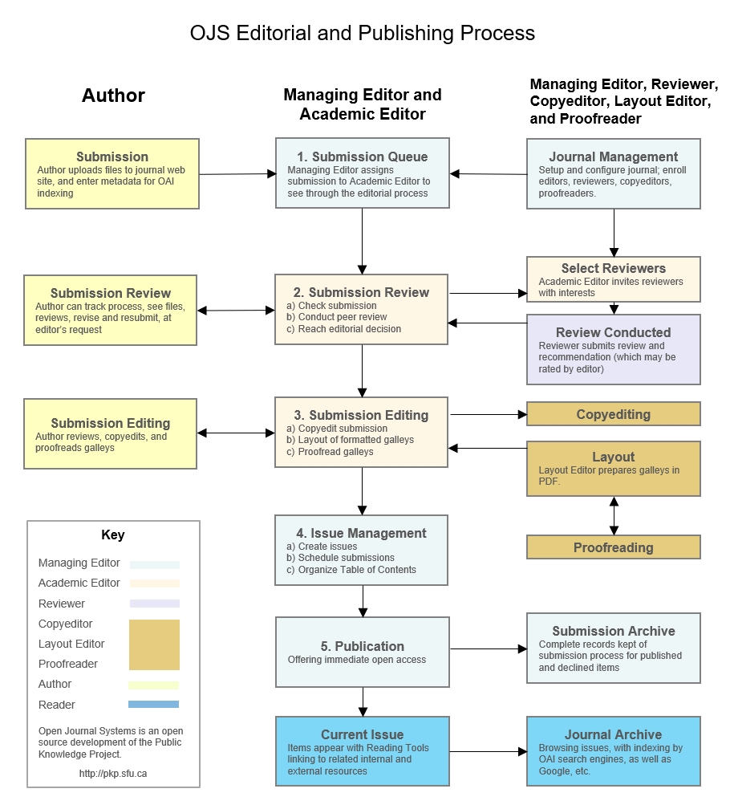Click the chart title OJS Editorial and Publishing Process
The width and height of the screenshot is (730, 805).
click(x=362, y=34)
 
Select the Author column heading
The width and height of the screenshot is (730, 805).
click(x=113, y=96)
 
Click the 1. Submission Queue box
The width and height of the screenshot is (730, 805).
click(x=362, y=174)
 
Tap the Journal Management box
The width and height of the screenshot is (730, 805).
click(x=613, y=174)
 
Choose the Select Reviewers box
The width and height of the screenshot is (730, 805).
click(x=613, y=278)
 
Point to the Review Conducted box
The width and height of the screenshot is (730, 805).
click(x=613, y=349)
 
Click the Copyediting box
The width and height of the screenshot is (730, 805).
click(x=613, y=414)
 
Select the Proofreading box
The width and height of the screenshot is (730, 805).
click(x=613, y=547)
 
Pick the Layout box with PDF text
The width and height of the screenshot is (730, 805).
click(x=613, y=468)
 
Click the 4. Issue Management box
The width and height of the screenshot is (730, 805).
click(x=362, y=551)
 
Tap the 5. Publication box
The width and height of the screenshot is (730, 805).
click(x=362, y=652)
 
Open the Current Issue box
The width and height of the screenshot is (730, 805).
click(x=362, y=752)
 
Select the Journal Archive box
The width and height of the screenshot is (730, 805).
click(x=613, y=752)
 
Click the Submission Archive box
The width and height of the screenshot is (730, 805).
click(x=613, y=648)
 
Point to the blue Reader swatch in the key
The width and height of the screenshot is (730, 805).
click(x=153, y=705)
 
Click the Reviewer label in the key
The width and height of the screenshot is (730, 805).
click(x=62, y=604)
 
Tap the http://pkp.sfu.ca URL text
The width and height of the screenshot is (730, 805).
click(x=113, y=774)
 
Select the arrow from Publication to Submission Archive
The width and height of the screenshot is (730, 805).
click(x=488, y=648)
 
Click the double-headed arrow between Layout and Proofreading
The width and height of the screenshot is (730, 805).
click(x=614, y=516)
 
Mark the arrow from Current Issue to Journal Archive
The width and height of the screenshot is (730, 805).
click(x=488, y=752)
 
